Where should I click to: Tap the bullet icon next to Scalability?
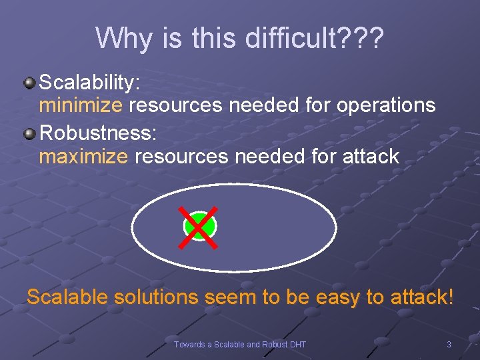click(x=29, y=83)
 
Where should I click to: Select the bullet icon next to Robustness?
click(x=29, y=134)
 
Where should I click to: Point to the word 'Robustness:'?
click(x=99, y=133)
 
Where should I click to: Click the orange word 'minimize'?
click(x=81, y=105)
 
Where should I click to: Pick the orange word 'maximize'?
click(x=83, y=157)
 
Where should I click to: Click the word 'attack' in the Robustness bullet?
click(x=368, y=157)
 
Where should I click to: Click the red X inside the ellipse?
click(x=200, y=227)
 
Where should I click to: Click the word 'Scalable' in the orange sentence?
click(x=67, y=297)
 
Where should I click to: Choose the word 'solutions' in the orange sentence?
click(x=157, y=297)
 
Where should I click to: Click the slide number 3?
click(x=449, y=345)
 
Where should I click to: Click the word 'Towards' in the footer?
click(x=189, y=345)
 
